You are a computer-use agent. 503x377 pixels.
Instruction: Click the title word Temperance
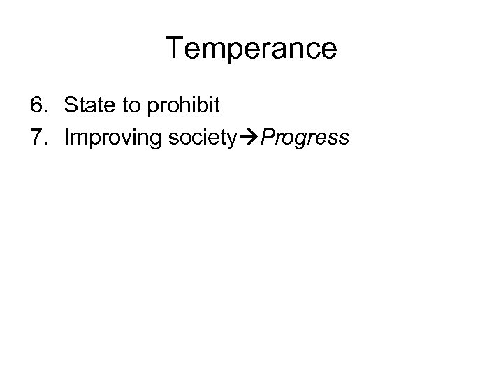pos(251,48)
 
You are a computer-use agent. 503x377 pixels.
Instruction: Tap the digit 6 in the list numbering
pos(37,106)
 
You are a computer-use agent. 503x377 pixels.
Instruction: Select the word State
pos(87,106)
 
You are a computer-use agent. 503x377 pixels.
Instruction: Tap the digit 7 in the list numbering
pos(37,138)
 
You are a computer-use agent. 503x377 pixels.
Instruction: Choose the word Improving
pos(112,138)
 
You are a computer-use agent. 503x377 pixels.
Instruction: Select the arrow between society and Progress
pos(251,138)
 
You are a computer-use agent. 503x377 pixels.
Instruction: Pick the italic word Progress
pos(305,138)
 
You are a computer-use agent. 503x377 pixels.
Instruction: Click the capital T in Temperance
pos(175,48)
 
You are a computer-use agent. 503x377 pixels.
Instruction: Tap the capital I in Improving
pos(67,138)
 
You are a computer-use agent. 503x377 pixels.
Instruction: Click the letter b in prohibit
pos(203,106)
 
